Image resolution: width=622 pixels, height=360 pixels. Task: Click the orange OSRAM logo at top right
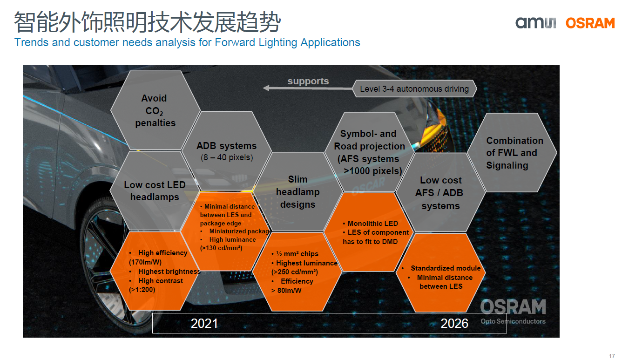coord(590,23)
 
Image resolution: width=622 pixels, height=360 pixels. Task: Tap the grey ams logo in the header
coord(536,22)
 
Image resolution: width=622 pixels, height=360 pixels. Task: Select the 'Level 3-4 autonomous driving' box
coord(414,88)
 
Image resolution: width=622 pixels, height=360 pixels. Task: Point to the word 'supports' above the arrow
coord(308,81)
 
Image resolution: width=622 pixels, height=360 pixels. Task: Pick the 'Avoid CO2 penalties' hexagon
coord(155,110)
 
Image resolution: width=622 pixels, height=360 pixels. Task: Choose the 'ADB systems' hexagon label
coord(226,146)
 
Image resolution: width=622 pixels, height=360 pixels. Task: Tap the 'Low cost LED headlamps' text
coord(155,191)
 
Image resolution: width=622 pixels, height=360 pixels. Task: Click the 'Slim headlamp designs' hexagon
coord(297,192)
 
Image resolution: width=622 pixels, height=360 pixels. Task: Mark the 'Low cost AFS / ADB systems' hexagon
coord(440,192)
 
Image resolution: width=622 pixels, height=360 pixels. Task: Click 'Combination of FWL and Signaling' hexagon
coord(512,152)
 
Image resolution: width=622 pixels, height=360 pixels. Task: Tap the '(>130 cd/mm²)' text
coord(221,248)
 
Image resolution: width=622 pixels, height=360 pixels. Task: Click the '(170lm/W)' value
coord(145,262)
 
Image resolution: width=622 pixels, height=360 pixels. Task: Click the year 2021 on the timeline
coord(204,323)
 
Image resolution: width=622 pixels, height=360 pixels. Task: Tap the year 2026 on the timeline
coord(454,323)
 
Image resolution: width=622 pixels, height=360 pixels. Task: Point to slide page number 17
coord(612,356)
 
